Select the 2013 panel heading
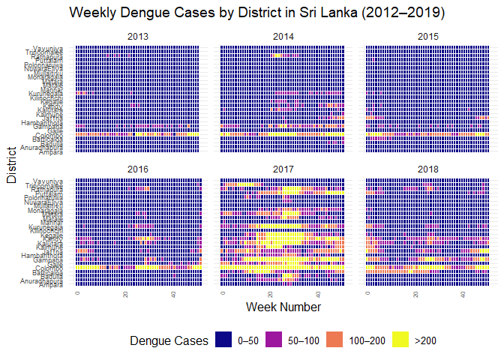138,36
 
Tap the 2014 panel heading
283,36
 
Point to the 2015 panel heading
428,36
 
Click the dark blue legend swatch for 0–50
223,340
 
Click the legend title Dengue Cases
169,340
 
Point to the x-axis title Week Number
283,307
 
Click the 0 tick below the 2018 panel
367,293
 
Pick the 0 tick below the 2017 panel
223,293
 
